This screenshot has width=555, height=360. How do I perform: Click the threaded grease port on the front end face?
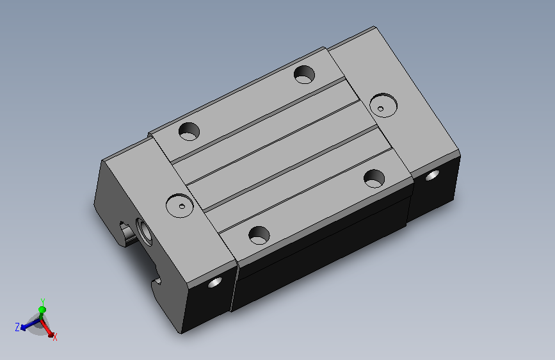pos(144,232)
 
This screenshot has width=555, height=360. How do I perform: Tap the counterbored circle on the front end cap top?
pos(180,206)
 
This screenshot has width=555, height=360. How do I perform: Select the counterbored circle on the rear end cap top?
pos(383,105)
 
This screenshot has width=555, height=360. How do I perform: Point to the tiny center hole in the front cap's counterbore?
pos(182,206)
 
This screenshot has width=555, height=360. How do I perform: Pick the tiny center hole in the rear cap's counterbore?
pos(380,109)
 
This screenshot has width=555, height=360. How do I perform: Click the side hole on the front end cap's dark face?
pos(215,282)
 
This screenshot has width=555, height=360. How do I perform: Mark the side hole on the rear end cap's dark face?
pos(432,175)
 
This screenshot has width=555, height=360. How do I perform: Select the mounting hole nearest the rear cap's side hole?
pos(374,179)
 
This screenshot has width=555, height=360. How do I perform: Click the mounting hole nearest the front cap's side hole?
pos(259,235)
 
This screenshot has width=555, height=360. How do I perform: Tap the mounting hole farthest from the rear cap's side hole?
pos(189,131)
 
